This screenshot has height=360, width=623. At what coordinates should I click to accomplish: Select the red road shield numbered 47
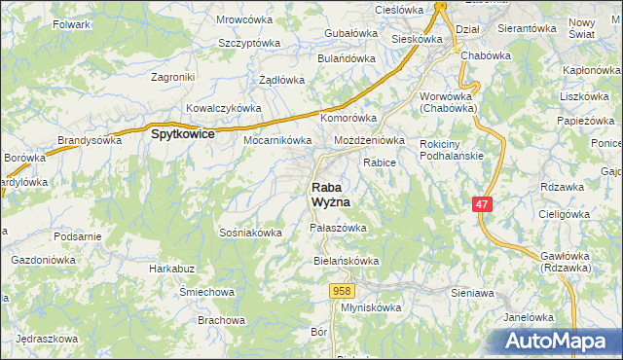[483, 203]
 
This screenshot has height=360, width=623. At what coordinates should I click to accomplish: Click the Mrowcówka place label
[243, 18]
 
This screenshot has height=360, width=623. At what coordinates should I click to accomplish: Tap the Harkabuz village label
[172, 268]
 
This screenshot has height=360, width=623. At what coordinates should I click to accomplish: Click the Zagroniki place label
[174, 76]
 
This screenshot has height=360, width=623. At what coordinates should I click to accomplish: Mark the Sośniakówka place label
[251, 233]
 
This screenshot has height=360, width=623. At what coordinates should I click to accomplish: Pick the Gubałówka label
[349, 33]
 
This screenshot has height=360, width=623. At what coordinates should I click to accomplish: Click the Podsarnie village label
[78, 236]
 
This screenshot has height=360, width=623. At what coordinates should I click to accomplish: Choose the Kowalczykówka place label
[224, 108]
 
